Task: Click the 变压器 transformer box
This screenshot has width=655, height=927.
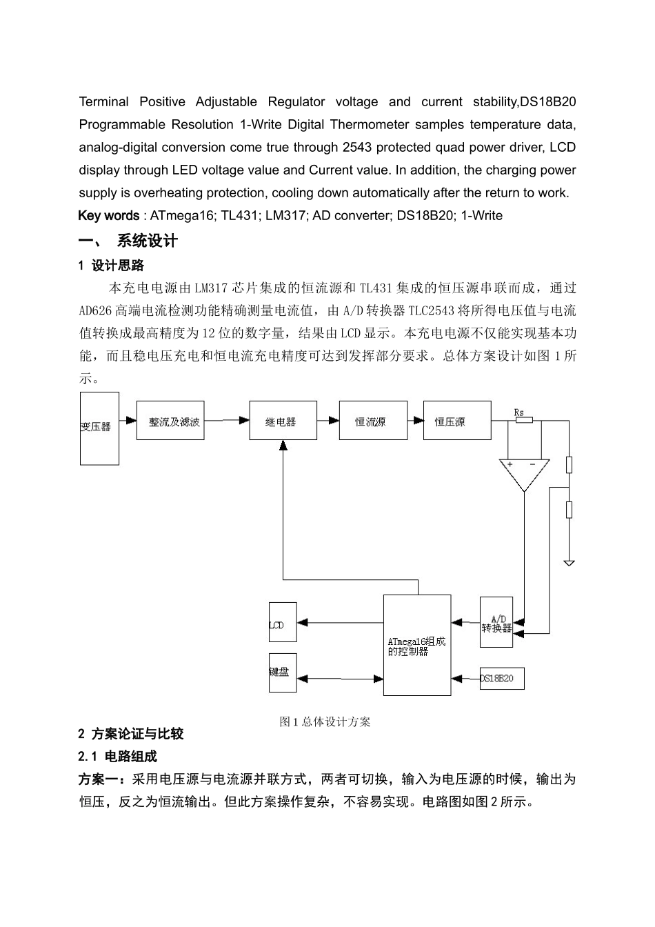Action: (x=99, y=428)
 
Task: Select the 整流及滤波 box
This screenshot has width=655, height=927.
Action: (x=174, y=421)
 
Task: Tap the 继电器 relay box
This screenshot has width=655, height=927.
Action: (x=283, y=421)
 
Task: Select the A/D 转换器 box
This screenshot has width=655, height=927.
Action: (x=496, y=623)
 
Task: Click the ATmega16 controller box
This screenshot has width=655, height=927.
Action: (x=417, y=646)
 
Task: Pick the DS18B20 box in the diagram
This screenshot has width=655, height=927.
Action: (x=502, y=678)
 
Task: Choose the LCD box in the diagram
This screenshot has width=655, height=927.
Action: (x=282, y=625)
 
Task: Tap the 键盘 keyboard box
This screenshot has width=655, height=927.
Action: (x=283, y=672)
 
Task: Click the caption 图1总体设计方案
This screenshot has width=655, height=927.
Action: (x=325, y=721)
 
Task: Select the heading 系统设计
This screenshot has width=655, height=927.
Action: (x=147, y=241)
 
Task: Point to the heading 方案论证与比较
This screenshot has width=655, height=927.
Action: (x=137, y=734)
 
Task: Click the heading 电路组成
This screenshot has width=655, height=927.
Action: (x=131, y=757)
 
